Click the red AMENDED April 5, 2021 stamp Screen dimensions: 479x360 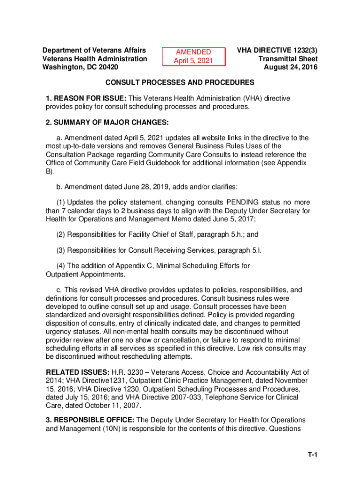coord(193,57)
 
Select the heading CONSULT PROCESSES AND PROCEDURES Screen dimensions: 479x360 coord(180,83)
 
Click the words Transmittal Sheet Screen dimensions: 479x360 coord(288,59)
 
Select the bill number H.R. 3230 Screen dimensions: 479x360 coord(122,372)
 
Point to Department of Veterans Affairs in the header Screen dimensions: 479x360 coord(94,51)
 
